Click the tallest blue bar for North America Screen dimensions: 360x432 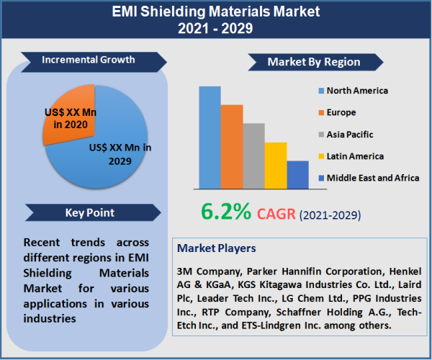[210, 137]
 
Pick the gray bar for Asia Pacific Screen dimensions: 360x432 [253, 155]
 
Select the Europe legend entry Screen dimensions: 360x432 [341, 112]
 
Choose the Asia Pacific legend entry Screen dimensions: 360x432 [349, 134]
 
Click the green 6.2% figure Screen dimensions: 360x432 [226, 211]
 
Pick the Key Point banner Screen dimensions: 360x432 [89, 212]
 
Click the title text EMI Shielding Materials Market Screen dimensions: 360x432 [216, 12]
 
